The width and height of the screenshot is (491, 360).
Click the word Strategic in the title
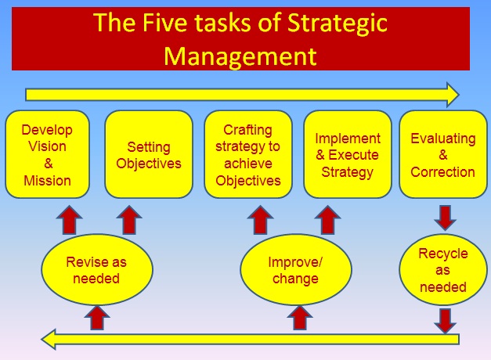(x=338, y=24)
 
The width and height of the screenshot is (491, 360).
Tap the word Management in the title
(x=240, y=56)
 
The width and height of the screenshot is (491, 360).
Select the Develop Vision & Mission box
(x=47, y=154)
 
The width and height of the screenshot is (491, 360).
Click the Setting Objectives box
(x=149, y=154)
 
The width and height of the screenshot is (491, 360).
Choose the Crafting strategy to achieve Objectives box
(x=248, y=154)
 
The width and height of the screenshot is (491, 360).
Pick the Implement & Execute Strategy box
(x=348, y=154)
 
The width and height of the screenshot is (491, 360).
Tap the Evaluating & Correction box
(x=443, y=154)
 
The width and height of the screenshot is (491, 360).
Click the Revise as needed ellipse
(x=97, y=269)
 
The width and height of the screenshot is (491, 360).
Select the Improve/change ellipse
(x=295, y=269)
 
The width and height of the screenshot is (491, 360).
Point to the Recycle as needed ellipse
(x=443, y=269)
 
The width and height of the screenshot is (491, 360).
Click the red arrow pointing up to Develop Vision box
(x=69, y=220)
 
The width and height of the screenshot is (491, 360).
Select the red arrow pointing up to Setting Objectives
(x=129, y=220)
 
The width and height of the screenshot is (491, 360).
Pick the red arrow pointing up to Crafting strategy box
(x=260, y=220)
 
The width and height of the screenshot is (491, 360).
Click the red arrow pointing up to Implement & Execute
(x=327, y=220)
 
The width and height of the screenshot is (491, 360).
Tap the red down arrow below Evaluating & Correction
(x=445, y=218)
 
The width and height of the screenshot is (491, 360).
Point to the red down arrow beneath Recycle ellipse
(x=445, y=321)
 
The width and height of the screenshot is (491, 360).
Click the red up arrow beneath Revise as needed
(x=97, y=318)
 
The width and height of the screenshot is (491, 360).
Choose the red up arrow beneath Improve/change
(x=300, y=318)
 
